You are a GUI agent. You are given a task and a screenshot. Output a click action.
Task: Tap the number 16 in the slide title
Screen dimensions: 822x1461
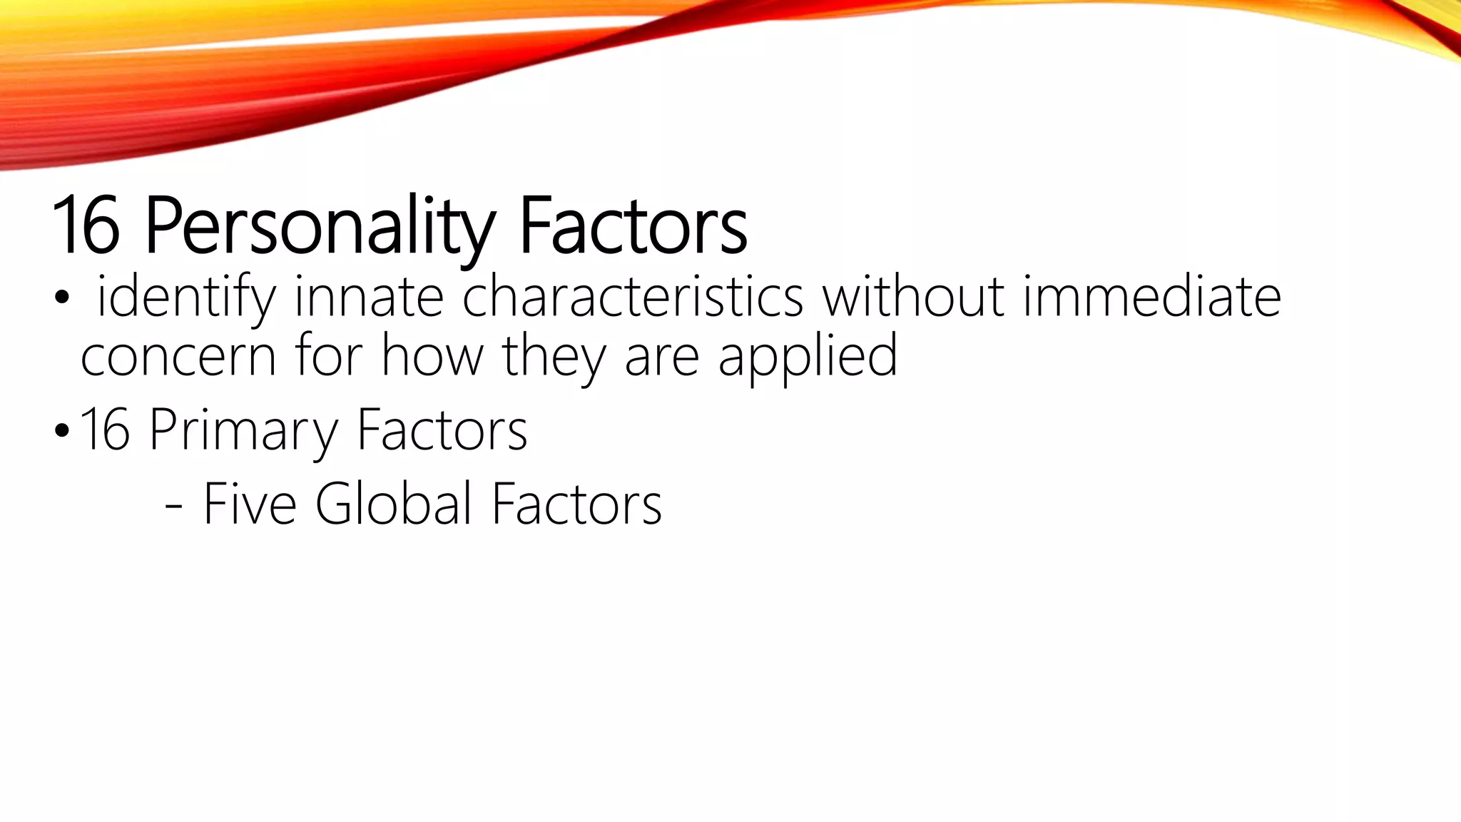pos(86,225)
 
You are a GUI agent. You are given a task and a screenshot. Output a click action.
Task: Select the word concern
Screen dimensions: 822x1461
pos(178,357)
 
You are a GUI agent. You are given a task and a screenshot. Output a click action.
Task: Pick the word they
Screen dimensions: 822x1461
pos(554,357)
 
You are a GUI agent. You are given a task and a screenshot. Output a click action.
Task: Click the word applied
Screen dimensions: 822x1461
pos(808,357)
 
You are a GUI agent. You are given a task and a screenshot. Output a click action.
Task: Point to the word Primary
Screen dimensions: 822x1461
pos(243,430)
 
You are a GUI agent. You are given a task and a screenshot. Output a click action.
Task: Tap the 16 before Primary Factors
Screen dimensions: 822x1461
pos(105,430)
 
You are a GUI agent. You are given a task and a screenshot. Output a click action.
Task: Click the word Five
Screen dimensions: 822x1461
pos(250,504)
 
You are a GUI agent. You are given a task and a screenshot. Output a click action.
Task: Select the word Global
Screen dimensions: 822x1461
pos(393,504)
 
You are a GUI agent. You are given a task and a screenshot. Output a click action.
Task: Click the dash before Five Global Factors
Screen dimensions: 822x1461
pos(173,508)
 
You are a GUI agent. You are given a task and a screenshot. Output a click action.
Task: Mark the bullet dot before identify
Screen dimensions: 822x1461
pos(62,300)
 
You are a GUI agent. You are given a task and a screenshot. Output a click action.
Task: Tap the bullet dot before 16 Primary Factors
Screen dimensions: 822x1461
pos(62,432)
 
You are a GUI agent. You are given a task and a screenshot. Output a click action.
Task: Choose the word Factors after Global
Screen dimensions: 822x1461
pos(576,504)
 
